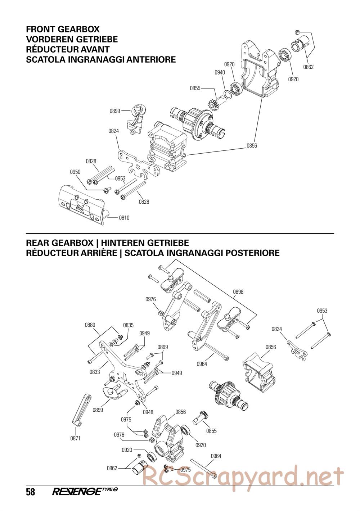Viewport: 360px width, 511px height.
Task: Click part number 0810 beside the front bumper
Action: tap(124, 218)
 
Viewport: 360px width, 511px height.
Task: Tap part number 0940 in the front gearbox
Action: tap(220, 72)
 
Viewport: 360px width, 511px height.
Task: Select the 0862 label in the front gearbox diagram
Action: tap(308, 67)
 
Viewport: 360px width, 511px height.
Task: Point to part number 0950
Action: tap(75, 172)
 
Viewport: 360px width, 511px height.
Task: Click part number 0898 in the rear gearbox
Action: tap(238, 292)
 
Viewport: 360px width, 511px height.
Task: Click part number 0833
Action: tap(95, 372)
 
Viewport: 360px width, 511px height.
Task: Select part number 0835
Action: tap(128, 325)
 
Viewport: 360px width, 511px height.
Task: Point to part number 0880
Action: tap(90, 325)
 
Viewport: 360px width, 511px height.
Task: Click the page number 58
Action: tap(31, 492)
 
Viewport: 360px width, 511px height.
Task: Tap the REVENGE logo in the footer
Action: tap(81, 492)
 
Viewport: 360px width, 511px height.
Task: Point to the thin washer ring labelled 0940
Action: tap(228, 95)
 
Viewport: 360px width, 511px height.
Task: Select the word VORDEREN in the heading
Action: tap(49, 40)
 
